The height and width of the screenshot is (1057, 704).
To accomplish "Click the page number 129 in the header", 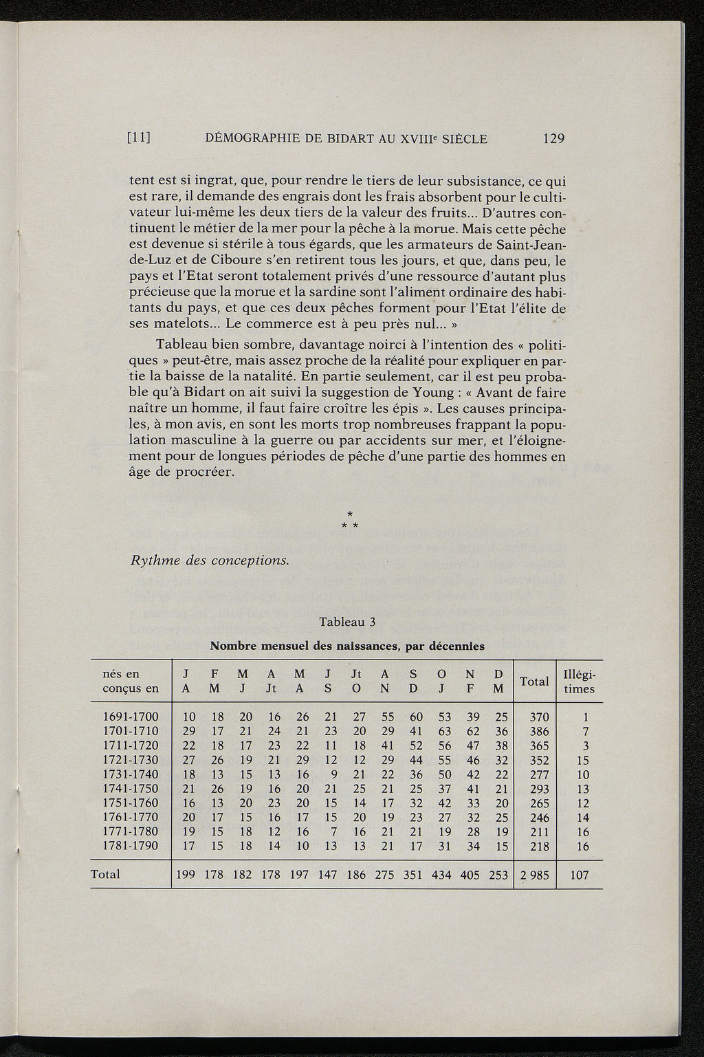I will coord(553,138).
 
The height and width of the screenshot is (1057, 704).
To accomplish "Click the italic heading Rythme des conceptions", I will coord(210,560).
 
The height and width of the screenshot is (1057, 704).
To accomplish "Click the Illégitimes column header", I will coord(579,681).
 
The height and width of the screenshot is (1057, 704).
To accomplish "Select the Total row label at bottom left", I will coord(105,874).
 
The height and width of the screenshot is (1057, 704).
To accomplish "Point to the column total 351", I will coord(415,875).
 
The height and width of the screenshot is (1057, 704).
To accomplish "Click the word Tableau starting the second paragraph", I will coord(181,344).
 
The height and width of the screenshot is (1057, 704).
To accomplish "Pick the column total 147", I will coord(329,875).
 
